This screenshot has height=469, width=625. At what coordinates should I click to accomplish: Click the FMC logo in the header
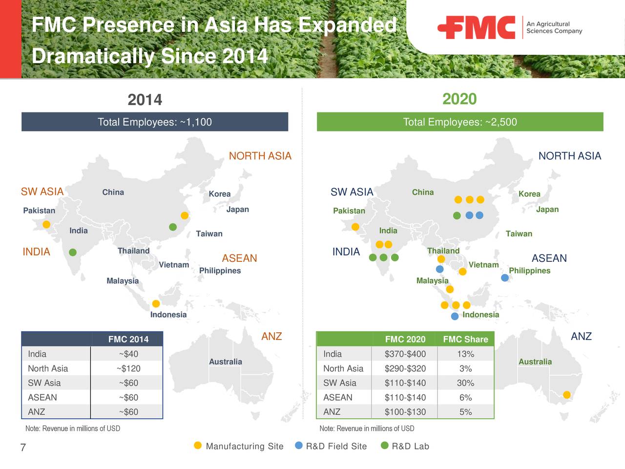click(x=477, y=27)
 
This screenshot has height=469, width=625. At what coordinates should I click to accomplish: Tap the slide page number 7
click(x=23, y=448)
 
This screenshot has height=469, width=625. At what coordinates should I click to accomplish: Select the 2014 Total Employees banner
click(x=155, y=122)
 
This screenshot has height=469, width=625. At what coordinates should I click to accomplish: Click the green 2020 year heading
click(x=459, y=99)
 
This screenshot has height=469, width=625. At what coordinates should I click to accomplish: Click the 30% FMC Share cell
click(x=465, y=383)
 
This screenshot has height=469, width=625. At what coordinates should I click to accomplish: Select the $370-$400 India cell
click(x=405, y=354)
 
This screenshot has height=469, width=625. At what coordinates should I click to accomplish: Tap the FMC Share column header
click(x=465, y=340)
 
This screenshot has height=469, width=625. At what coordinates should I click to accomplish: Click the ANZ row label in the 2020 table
click(x=332, y=412)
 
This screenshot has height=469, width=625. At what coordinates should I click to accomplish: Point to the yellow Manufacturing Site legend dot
click(x=198, y=446)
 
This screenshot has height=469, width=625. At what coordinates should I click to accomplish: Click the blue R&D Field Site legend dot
click(x=299, y=446)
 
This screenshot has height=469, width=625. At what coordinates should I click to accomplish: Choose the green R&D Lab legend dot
click(x=384, y=446)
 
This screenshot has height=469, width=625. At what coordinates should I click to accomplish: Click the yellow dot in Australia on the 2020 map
click(x=567, y=395)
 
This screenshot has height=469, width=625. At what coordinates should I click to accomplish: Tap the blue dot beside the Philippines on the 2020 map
click(x=505, y=278)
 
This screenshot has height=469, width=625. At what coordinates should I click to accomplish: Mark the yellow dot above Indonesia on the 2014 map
click(x=156, y=304)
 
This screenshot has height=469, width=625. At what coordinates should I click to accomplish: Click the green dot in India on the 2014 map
click(x=73, y=252)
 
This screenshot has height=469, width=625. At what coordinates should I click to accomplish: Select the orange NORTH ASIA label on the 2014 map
click(x=260, y=156)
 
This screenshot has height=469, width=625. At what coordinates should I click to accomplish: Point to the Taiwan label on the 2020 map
click(x=519, y=234)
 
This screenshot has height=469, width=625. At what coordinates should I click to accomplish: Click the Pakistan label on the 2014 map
click(x=39, y=211)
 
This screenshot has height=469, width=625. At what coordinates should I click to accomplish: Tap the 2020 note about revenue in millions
click(x=367, y=428)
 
